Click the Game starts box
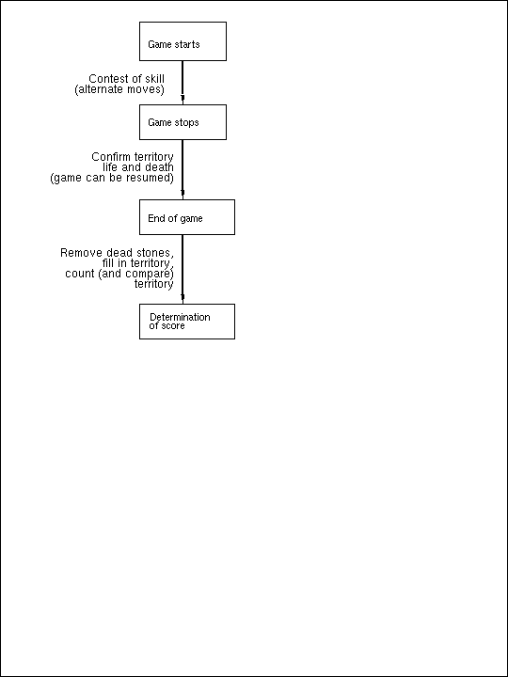pyautogui.click(x=183, y=41)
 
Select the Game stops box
pyautogui.click(x=183, y=122)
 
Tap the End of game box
pyautogui.click(x=187, y=217)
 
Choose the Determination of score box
pyautogui.click(x=187, y=322)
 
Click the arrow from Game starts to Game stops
pyautogui.click(x=183, y=83)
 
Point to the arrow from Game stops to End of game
pyautogui.click(x=183, y=169)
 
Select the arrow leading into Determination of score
pyautogui.click(x=183, y=270)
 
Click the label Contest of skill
pyautogui.click(x=127, y=79)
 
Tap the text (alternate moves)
pyautogui.click(x=119, y=90)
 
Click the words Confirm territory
pyautogui.click(x=133, y=157)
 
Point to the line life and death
pyautogui.click(x=138, y=167)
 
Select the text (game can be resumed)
pyautogui.click(x=112, y=178)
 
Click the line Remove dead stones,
pyautogui.click(x=117, y=253)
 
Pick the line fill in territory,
pyautogui.click(x=138, y=263)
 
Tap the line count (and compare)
pyautogui.click(x=119, y=274)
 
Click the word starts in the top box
pyautogui.click(x=186, y=44)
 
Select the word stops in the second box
pyautogui.click(x=186, y=122)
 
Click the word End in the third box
pyautogui.click(x=154, y=218)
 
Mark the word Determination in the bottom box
pyautogui.click(x=180, y=318)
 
